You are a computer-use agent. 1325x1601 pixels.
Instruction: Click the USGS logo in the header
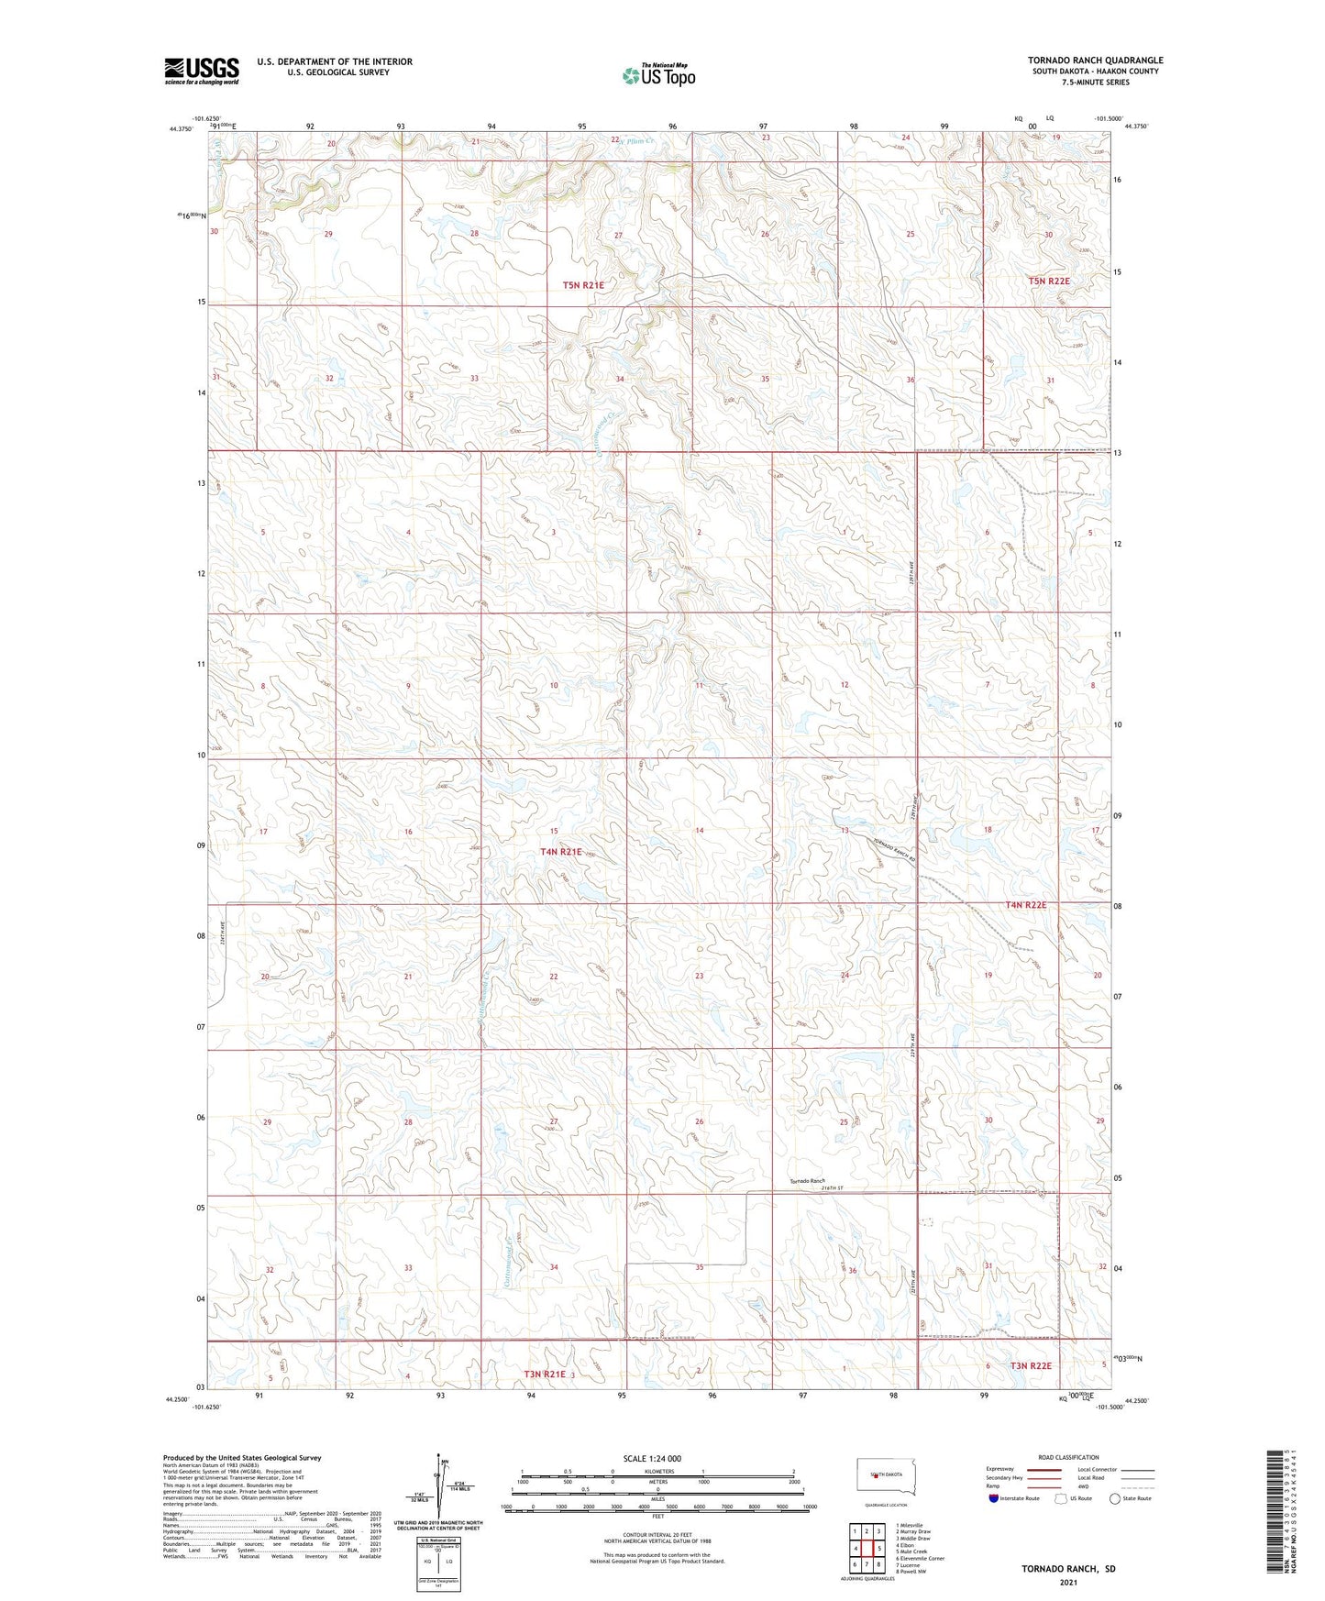point(201,71)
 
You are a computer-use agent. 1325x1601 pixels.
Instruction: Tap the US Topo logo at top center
point(658,75)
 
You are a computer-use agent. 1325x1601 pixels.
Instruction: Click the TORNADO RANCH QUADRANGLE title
point(1095,61)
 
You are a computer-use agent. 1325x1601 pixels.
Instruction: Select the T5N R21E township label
point(583,285)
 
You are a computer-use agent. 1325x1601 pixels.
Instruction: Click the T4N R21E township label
point(560,852)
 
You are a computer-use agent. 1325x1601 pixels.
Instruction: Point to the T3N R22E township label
point(1031,1365)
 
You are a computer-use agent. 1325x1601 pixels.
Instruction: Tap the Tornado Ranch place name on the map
point(808,1181)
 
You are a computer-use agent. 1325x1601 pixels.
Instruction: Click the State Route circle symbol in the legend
point(1115,1497)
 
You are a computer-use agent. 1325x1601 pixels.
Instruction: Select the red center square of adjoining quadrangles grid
point(867,1549)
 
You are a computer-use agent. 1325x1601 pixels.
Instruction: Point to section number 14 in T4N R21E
point(700,831)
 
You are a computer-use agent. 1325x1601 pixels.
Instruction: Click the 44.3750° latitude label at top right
point(1135,127)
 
